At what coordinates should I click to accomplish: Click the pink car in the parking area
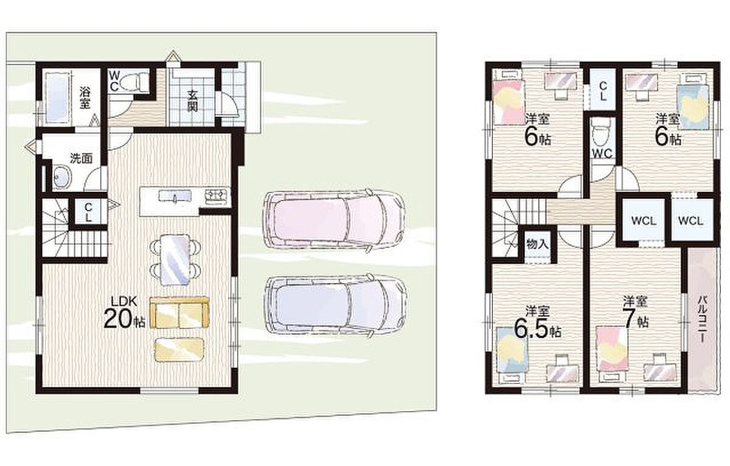(x=334, y=221)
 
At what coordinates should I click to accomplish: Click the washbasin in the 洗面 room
(x=62, y=177)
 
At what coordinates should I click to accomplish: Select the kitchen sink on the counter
(x=175, y=197)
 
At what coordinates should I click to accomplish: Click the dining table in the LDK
(x=175, y=259)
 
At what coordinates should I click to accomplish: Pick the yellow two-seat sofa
(x=179, y=312)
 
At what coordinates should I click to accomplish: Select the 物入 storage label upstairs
(x=537, y=244)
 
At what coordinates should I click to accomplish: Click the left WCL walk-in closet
(x=644, y=221)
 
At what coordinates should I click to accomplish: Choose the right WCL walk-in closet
(x=690, y=221)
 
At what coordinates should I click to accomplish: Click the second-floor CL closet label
(x=603, y=91)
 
